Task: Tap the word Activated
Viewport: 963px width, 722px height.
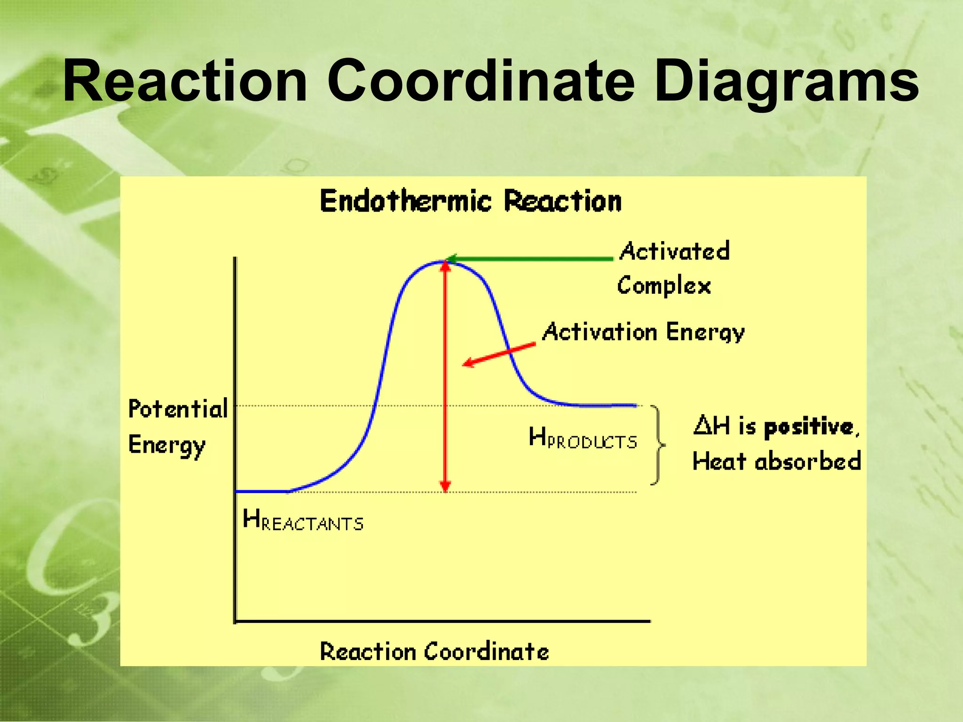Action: click(675, 251)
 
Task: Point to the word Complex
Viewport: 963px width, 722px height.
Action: click(664, 286)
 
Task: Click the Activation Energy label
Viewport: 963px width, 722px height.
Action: click(643, 332)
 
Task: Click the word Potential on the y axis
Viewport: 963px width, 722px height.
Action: click(178, 408)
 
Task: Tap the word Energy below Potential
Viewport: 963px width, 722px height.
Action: click(166, 445)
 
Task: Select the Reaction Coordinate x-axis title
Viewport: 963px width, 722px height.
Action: click(434, 651)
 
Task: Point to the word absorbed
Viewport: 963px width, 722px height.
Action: click(807, 461)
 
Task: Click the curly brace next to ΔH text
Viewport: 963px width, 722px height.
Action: click(658, 444)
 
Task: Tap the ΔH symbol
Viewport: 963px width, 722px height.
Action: click(711, 425)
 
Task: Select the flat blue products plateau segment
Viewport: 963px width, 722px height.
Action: click(602, 405)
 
